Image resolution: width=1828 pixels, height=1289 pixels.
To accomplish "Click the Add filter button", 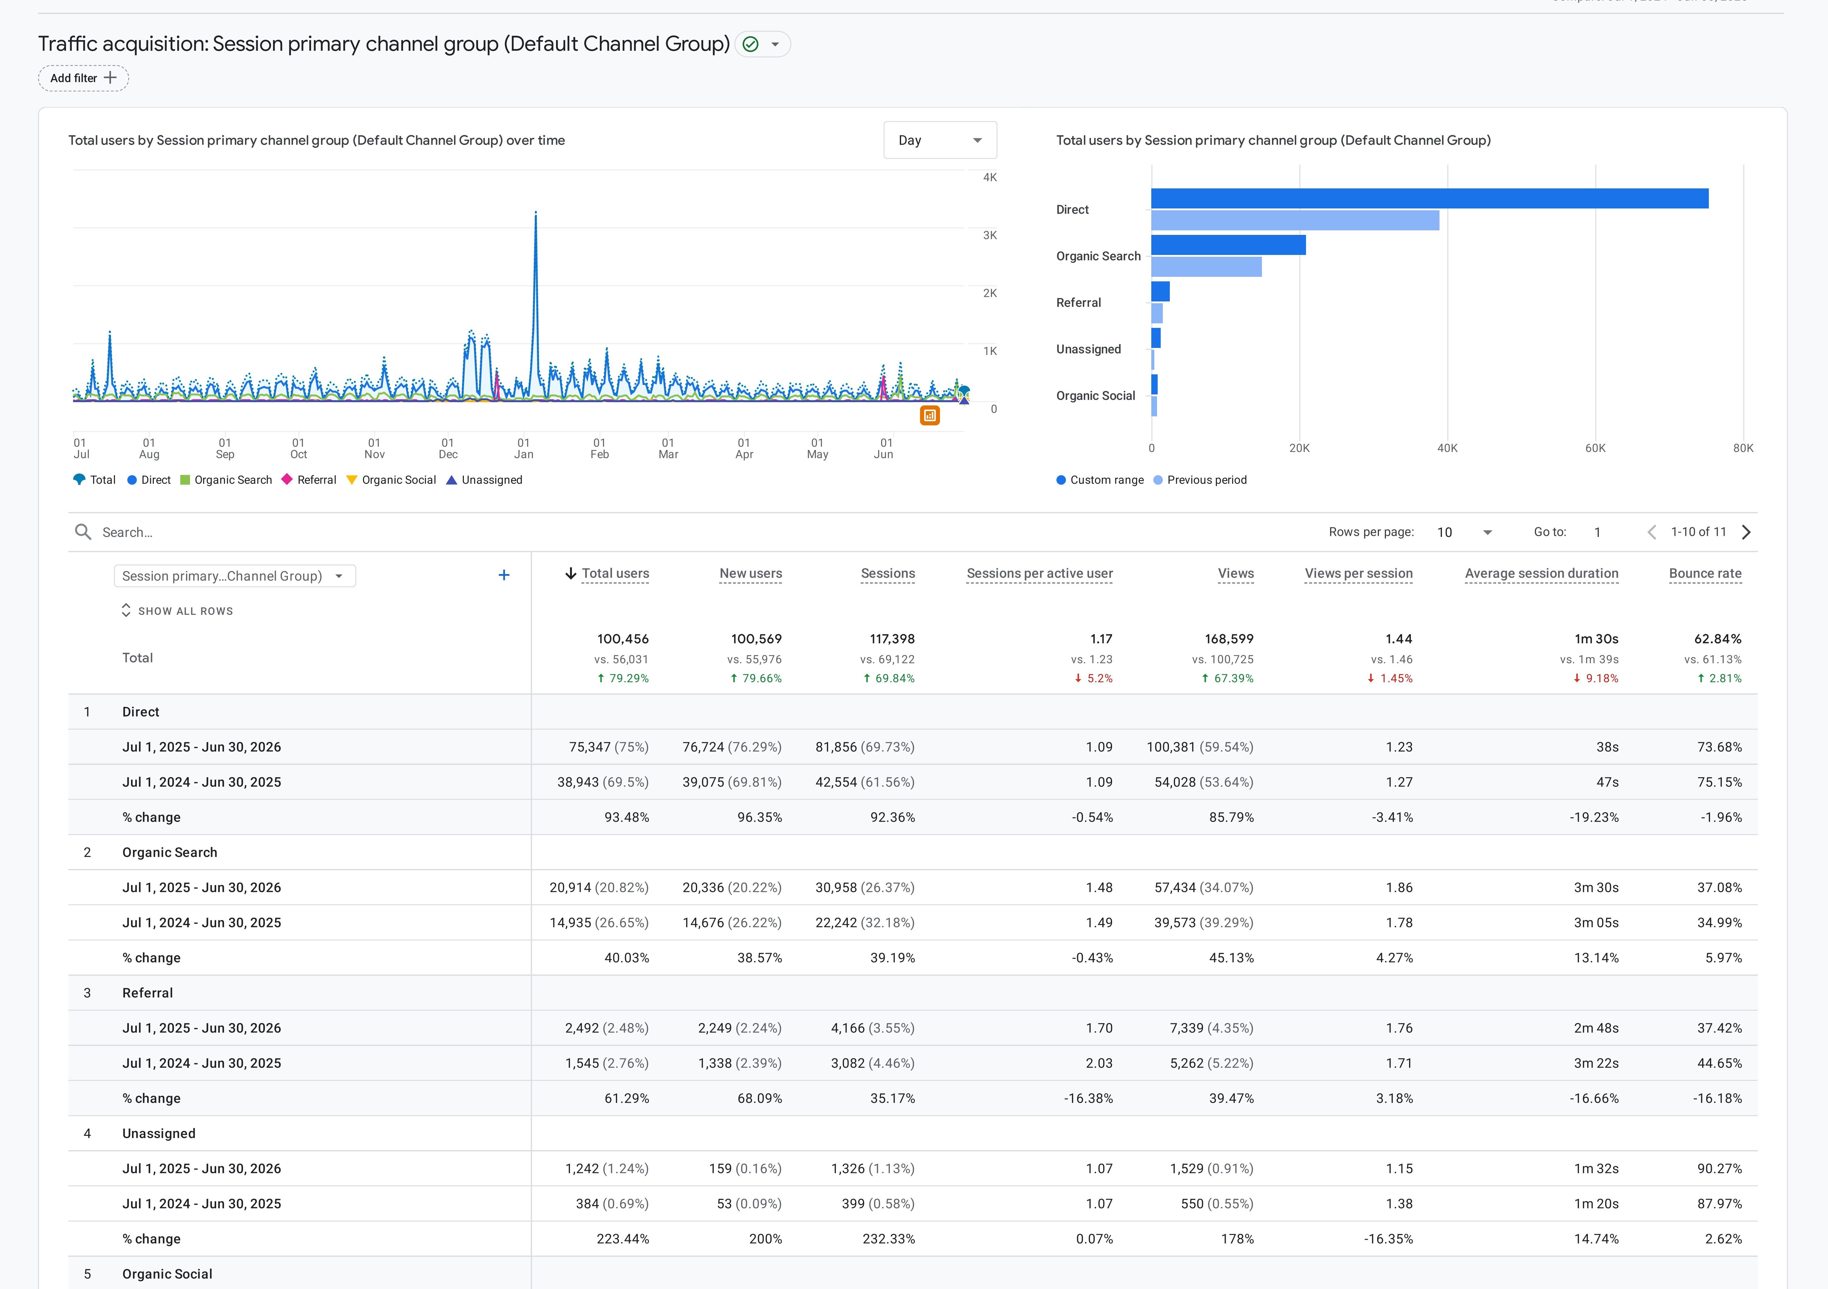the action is click(84, 78).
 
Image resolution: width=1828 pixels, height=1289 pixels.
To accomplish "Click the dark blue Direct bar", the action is click(1429, 198).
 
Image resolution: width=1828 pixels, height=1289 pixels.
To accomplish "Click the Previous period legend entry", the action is click(1200, 480).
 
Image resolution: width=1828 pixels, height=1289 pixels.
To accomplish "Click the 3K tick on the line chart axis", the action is click(990, 235).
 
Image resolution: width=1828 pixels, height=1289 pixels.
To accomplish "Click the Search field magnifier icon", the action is click(83, 531).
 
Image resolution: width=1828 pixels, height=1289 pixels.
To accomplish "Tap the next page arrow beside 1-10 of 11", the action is click(1746, 532).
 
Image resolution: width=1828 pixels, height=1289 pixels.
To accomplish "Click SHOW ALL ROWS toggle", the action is click(177, 611).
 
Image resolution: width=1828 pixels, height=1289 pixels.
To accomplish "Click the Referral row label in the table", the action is click(147, 993).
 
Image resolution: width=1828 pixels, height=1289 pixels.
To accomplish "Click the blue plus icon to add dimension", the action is click(504, 575).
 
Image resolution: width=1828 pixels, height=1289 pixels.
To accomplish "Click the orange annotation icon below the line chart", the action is click(930, 415).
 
